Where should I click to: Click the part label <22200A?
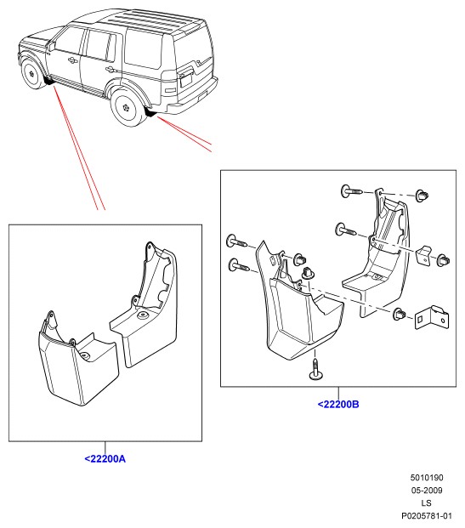105,458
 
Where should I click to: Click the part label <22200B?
338,404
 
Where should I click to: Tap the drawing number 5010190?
427,478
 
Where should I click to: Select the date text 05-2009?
427,491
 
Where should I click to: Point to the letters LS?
426,503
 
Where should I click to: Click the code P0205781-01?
426,516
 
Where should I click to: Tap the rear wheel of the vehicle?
127,107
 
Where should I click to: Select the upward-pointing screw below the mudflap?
315,370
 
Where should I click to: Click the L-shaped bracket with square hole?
431,317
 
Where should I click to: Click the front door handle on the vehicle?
71,60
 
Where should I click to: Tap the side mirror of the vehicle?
51,46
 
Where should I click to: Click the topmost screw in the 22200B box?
351,191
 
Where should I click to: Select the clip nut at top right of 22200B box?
422,196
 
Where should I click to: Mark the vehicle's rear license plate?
186,81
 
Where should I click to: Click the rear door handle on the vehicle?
110,70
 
